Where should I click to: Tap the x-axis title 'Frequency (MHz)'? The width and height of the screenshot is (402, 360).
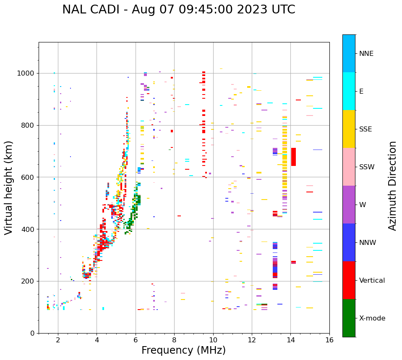coord(183,350)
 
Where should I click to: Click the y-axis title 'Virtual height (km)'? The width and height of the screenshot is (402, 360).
coord(9,187)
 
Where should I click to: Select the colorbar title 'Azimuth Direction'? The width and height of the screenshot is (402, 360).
coord(392,185)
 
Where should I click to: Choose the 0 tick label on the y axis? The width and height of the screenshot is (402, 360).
coord(32,333)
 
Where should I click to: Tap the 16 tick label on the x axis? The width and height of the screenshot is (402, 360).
coord(329,340)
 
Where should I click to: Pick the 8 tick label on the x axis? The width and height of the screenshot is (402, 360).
coord(174,340)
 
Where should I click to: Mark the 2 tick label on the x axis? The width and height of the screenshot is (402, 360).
coord(58,340)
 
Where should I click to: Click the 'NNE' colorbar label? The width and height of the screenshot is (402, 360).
coord(366,54)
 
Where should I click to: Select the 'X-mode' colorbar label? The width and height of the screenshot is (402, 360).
coord(372,318)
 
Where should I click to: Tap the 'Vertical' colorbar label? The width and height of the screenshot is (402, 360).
coord(372,281)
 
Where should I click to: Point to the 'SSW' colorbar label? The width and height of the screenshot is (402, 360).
coord(367,167)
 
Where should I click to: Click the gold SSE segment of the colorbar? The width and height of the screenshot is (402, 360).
coord(349,129)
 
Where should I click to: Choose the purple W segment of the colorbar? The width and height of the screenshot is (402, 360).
coord(349,205)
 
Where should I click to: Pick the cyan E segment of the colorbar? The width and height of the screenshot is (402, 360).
coord(349,91)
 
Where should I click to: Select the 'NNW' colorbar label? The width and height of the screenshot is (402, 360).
coord(368,243)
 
